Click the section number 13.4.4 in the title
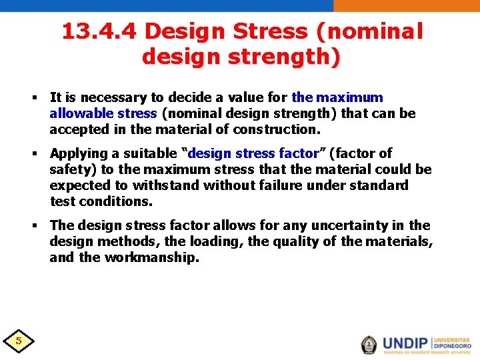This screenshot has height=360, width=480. point(99,31)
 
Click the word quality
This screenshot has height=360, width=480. point(283,241)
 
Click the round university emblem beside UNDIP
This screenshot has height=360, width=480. point(369,344)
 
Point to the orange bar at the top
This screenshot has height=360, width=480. point(406,5)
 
